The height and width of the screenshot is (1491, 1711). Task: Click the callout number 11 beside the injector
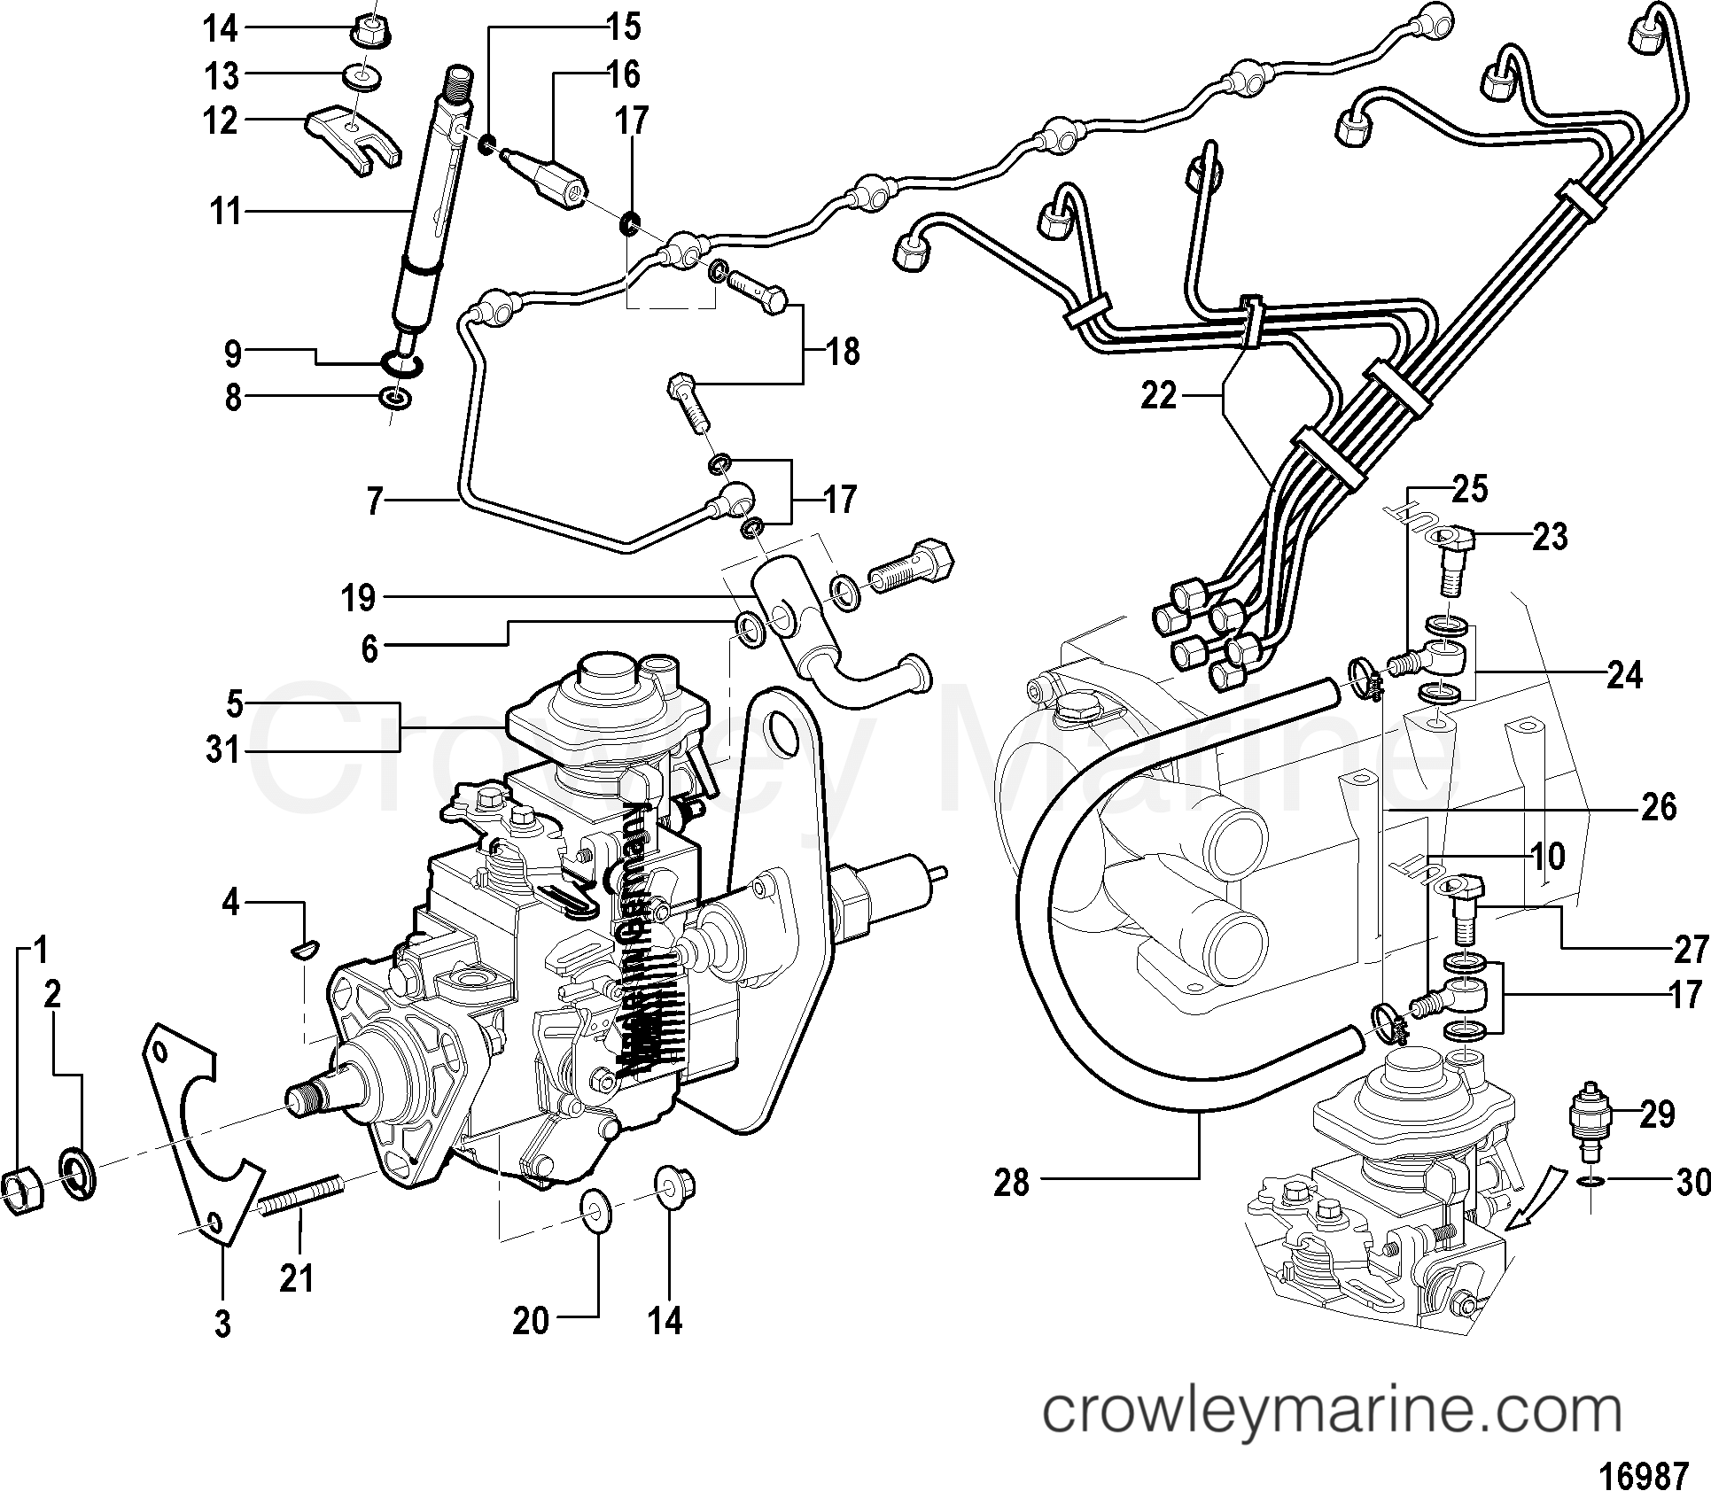225,213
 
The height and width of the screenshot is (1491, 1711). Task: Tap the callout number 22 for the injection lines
1159,395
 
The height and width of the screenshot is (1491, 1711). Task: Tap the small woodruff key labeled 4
300,951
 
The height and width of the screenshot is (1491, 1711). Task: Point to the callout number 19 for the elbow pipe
358,600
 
